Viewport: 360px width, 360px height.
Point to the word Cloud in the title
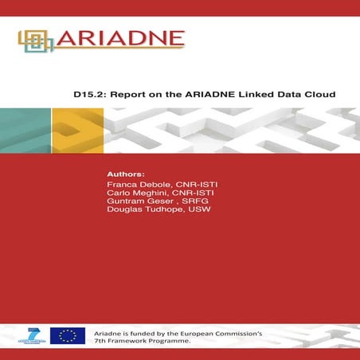coord(319,93)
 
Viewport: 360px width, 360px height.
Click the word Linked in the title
coord(248,93)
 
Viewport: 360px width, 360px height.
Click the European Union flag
coord(68,335)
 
